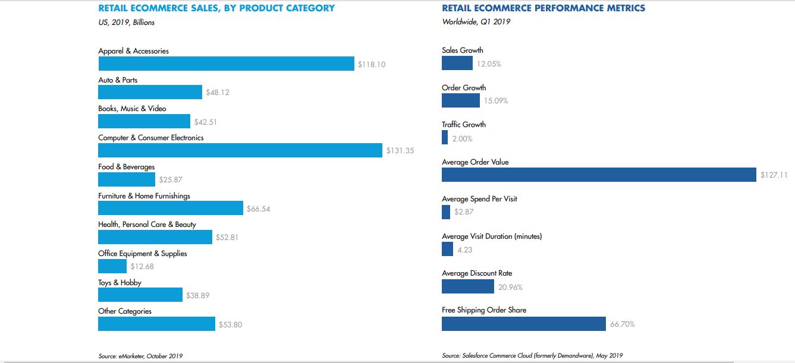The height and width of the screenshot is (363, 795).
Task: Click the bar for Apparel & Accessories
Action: [x=226, y=63]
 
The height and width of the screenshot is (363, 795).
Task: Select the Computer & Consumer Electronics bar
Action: [x=240, y=150]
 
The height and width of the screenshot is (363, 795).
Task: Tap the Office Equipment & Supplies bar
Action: [x=112, y=266]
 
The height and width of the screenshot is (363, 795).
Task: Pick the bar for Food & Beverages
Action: [x=126, y=179]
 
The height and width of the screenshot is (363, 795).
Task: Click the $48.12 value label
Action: [x=218, y=93]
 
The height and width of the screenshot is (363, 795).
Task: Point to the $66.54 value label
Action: [x=259, y=209]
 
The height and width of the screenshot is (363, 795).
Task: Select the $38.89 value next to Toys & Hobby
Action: [x=198, y=296]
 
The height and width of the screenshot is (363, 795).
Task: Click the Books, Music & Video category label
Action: [x=132, y=109]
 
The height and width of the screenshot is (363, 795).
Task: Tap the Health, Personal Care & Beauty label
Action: [x=147, y=225]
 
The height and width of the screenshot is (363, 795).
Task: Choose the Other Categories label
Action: [x=125, y=311]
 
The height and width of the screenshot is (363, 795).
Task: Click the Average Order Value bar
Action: [x=599, y=175]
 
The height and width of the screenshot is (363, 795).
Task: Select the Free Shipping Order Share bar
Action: [x=523, y=324]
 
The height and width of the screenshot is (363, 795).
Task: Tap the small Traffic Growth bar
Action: [x=445, y=137]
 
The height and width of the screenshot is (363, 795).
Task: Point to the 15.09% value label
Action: [x=496, y=101]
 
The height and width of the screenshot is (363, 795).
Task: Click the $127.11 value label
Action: [x=774, y=175]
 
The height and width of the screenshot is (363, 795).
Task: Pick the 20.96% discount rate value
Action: [x=510, y=287]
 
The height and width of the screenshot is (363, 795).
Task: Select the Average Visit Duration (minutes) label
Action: [x=492, y=236]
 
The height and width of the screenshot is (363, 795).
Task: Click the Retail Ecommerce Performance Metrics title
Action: [x=543, y=8]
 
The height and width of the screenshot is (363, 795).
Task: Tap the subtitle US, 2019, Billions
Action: [x=126, y=23]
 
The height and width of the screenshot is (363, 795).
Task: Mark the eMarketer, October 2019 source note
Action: [x=140, y=356]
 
